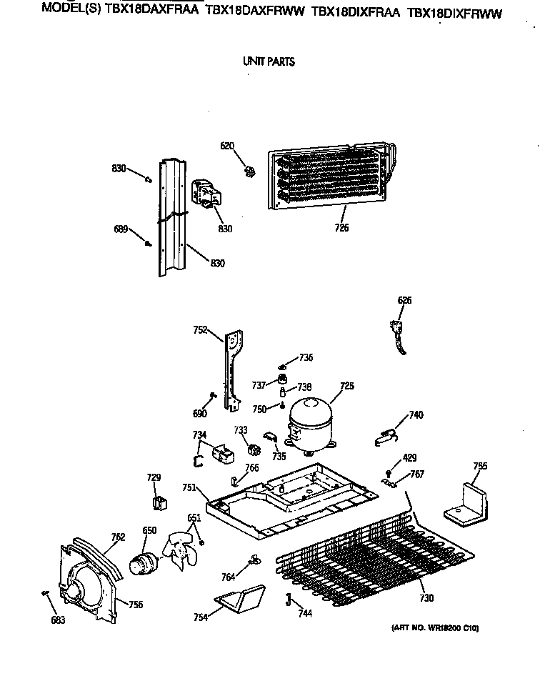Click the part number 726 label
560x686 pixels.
[342, 228]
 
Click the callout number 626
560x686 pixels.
[404, 301]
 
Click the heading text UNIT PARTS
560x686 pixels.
[269, 61]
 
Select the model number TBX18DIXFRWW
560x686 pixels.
[454, 12]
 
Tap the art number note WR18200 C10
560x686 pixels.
[435, 628]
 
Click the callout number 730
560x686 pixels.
[426, 598]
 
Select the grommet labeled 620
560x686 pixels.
[250, 171]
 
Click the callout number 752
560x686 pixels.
[200, 330]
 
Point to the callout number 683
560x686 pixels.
[58, 620]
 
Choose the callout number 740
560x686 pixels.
[416, 415]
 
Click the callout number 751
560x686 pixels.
[189, 487]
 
